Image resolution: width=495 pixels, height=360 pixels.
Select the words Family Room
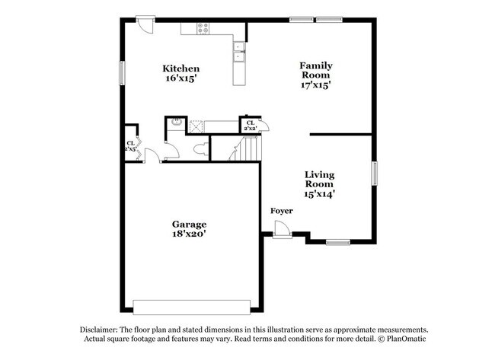(x=315, y=71)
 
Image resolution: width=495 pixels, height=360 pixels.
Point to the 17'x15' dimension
(x=315, y=85)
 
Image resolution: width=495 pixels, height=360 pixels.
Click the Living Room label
(x=320, y=180)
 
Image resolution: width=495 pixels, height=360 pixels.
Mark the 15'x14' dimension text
(x=320, y=194)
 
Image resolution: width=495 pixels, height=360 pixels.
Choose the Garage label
(x=189, y=225)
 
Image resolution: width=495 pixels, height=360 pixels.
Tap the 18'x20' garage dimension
(x=189, y=235)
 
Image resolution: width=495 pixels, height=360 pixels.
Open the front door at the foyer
(x=281, y=229)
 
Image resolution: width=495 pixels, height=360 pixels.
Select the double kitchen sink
(x=239, y=52)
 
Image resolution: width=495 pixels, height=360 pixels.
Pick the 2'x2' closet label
(x=250, y=126)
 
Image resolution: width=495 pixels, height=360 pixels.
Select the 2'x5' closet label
(x=131, y=146)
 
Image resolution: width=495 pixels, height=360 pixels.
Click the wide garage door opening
(x=191, y=307)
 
